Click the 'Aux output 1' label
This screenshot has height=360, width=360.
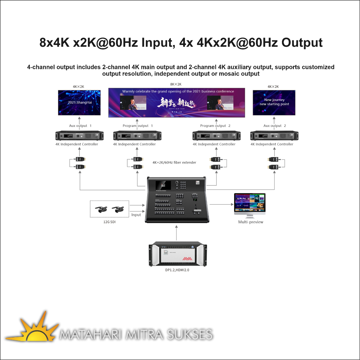[x=81, y=126]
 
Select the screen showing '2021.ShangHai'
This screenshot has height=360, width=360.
[x=79, y=103]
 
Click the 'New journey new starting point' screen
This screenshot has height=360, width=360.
[x=274, y=103]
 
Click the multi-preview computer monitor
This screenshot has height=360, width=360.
[x=250, y=204]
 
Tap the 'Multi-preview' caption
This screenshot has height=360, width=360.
[x=251, y=222]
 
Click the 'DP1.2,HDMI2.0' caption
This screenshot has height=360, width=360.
[x=177, y=270]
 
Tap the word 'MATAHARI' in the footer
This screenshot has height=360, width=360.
[x=90, y=334]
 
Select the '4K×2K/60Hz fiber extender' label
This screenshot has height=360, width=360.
[x=174, y=162]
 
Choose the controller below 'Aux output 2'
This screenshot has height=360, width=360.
[x=274, y=136]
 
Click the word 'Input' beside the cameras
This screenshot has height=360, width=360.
[x=136, y=215]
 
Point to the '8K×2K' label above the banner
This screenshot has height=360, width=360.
[x=176, y=84]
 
